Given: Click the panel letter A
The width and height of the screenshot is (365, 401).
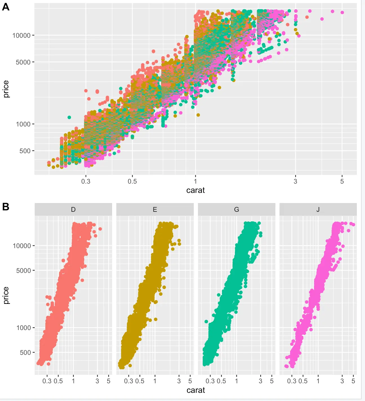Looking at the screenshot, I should tap(6, 6).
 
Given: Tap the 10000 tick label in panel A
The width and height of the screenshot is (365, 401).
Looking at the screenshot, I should tap(21, 35).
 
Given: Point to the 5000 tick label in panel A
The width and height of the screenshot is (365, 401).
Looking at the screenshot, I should tap(23, 62).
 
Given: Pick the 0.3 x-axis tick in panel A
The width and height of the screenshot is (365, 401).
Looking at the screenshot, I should tap(86, 181).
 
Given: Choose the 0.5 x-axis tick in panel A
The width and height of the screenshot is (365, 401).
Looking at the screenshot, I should tap(132, 181).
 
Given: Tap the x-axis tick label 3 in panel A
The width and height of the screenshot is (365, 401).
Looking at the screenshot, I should tap(295, 181).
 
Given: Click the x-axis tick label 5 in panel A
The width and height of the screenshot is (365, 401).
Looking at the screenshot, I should tap(342, 181).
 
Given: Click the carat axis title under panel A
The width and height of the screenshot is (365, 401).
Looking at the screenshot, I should tap(195, 190).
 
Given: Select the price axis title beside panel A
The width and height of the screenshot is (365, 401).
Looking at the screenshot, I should tap(6, 89).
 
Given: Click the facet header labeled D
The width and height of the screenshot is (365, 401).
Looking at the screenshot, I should tap(73, 210).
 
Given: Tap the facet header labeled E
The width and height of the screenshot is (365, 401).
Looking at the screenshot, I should tap(155, 210).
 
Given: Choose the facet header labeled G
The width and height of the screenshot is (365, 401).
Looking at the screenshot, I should tap(237, 210).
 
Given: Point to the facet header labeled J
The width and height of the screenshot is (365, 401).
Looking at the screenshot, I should tap(318, 210).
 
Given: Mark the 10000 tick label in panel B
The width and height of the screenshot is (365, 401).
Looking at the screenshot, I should tap(22, 246).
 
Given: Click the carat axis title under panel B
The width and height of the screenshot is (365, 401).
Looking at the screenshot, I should tap(195, 390).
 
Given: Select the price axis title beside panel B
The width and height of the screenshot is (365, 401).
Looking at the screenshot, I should tap(6, 295).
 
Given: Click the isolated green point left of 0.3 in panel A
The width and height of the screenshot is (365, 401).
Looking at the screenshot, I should tap(69, 117).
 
